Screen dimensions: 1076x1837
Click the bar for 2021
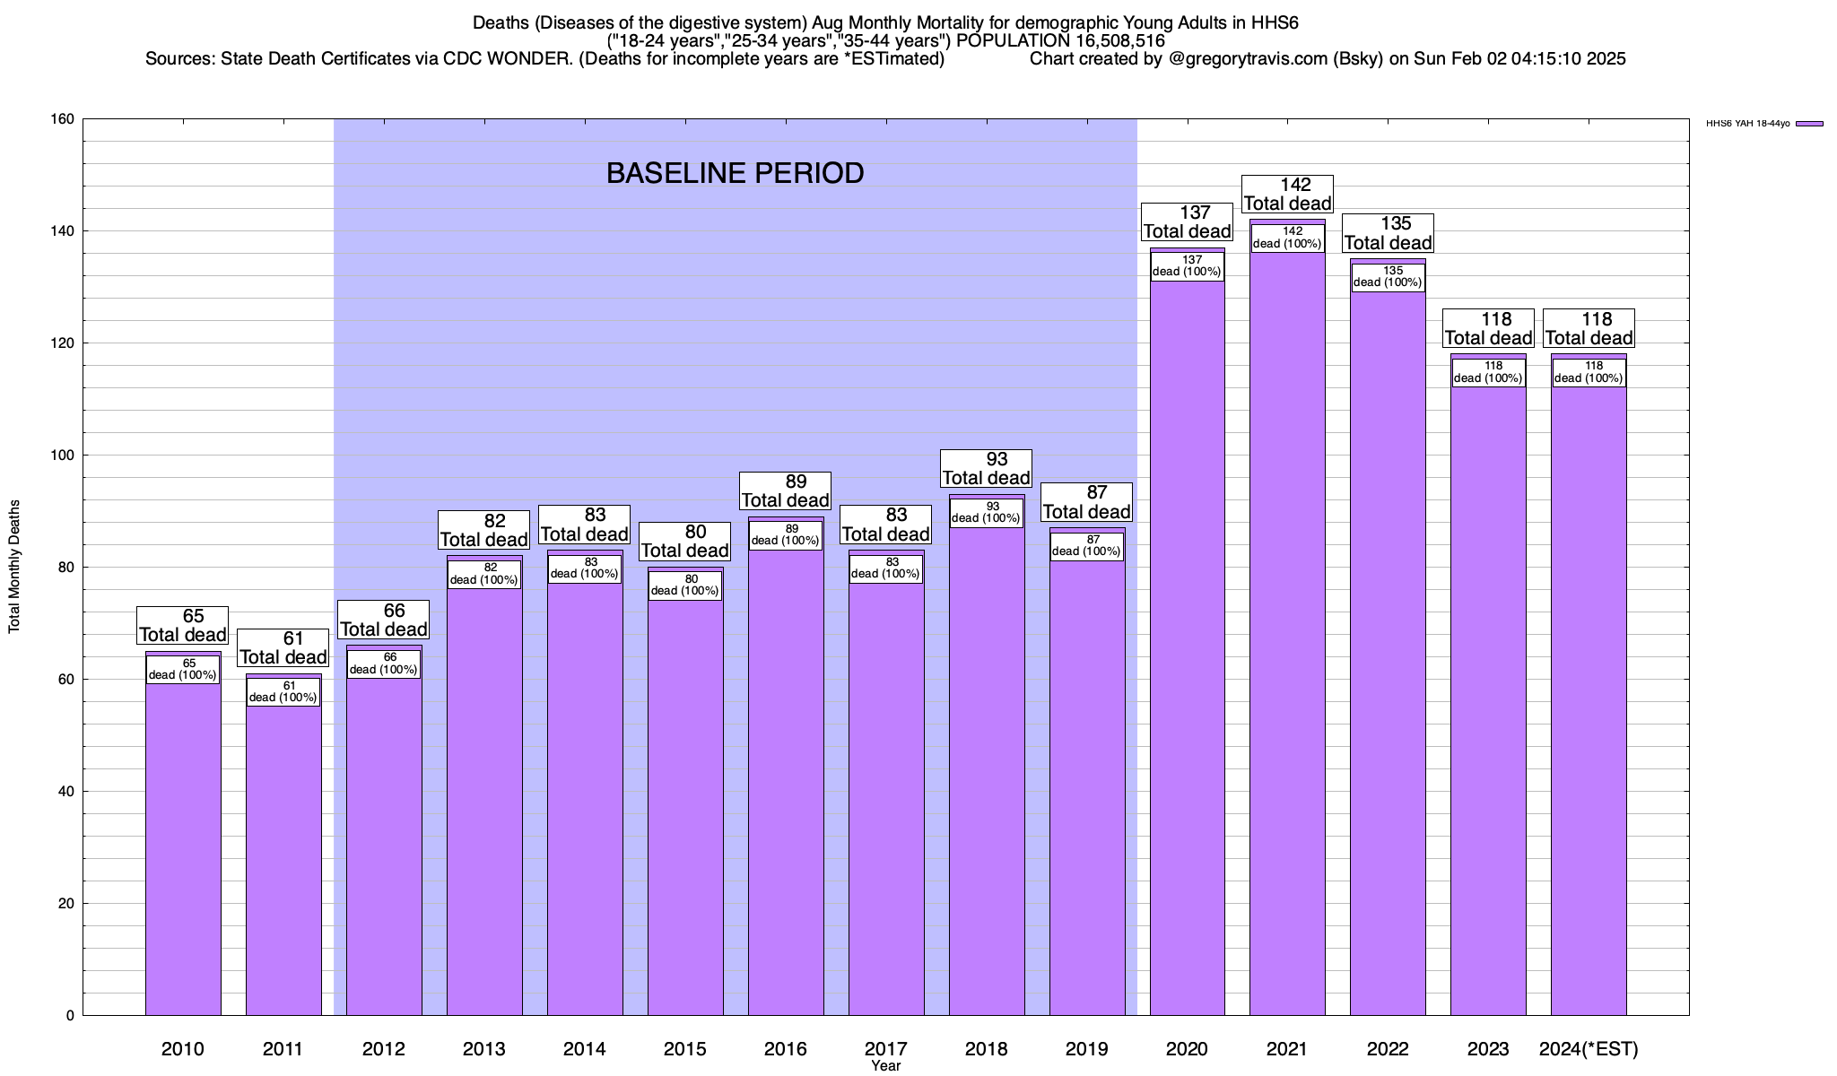pos(1287,628)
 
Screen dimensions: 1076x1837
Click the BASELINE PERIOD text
pos(735,173)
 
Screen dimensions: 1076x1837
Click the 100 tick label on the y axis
pos(64,456)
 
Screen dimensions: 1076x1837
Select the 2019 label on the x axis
pos(1086,1049)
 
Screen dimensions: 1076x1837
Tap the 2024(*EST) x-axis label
pos(1589,1049)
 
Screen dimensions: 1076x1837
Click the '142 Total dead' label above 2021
pos(1287,195)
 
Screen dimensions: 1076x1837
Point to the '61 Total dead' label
pos(283,648)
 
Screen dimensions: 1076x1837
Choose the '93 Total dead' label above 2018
pos(986,469)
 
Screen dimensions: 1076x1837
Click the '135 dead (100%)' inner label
pos(1388,276)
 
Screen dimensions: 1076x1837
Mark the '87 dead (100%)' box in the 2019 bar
pos(1086,546)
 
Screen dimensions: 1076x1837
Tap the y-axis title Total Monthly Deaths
pos(14,567)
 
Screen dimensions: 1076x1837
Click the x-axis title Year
pos(885,1066)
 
